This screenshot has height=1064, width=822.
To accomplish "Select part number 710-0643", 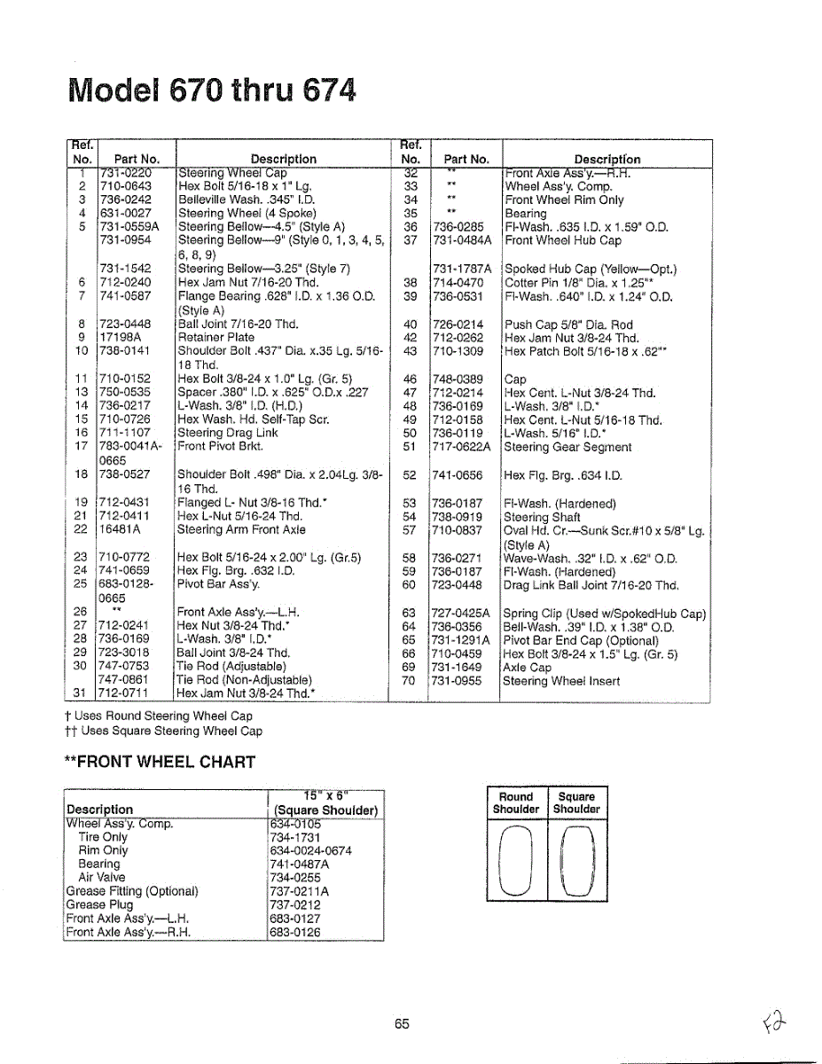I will [x=125, y=186].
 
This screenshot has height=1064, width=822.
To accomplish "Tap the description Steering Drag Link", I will [x=228, y=433].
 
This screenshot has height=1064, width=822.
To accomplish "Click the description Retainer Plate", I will [x=215, y=337].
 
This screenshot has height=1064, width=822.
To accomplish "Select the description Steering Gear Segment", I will [x=568, y=447].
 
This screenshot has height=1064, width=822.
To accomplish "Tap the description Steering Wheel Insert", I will [x=561, y=681].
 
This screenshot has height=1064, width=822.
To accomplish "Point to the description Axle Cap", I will [x=527, y=667].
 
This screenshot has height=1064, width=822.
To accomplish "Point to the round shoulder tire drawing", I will [x=515, y=858].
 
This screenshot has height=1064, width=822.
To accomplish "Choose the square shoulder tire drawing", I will [x=576, y=858].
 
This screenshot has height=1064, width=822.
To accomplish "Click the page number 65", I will [x=402, y=1023].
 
